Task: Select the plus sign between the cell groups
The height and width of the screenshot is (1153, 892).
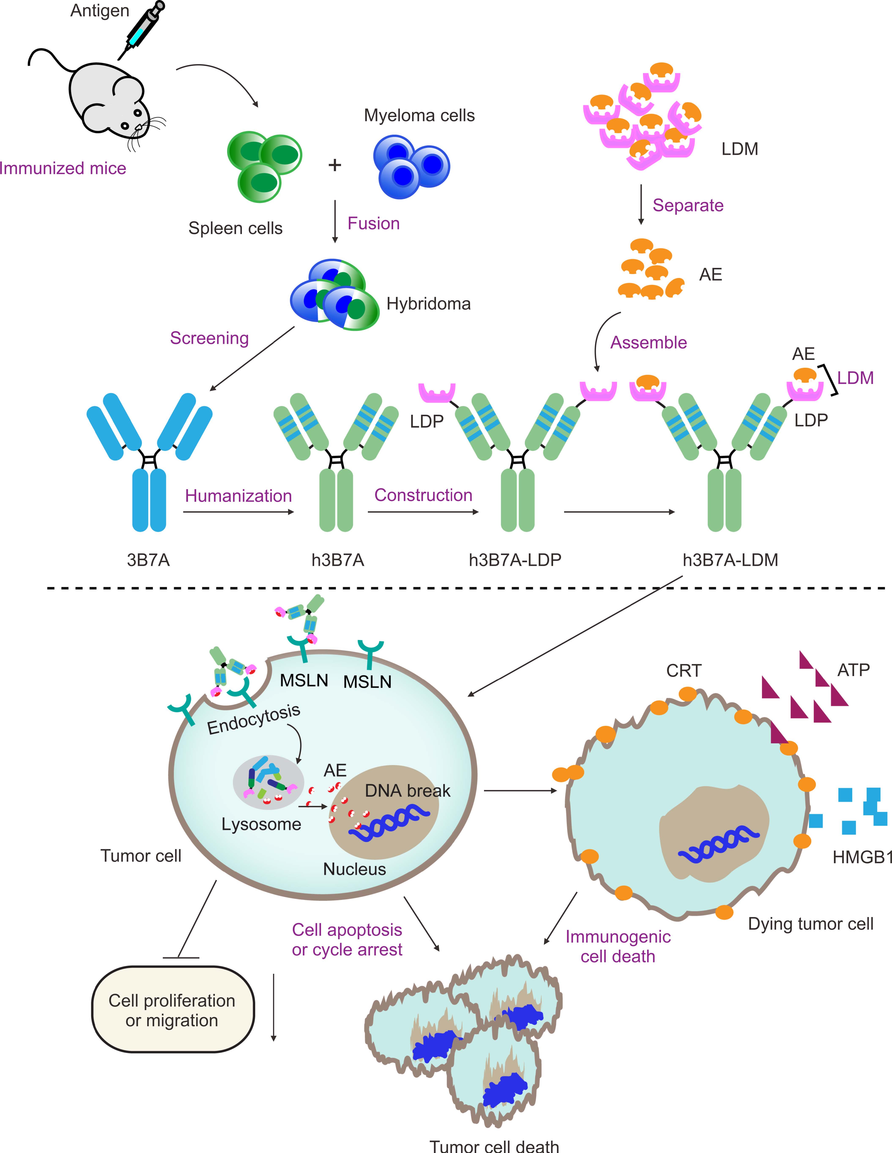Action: pos(334,165)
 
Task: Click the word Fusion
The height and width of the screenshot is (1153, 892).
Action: pos(373,223)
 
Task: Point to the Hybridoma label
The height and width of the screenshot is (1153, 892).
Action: pos(428,304)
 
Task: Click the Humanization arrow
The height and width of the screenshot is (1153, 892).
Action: pos(238,512)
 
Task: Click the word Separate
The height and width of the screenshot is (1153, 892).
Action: pos(688,205)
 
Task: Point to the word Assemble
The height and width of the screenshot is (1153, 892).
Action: pos(648,343)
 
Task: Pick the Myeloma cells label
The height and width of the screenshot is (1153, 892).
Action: pos(419,116)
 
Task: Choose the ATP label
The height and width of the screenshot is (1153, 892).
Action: pos(853,670)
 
